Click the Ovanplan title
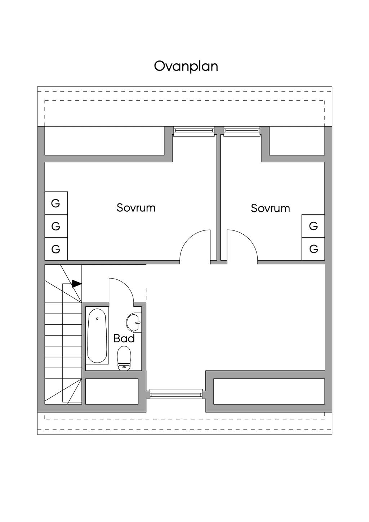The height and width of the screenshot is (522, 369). point(186,67)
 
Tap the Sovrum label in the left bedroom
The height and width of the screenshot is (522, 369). point(136,208)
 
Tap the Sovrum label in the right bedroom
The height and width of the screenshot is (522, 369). point(270,208)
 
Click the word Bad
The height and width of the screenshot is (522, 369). point(124,339)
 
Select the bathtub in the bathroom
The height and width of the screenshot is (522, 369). point(97,336)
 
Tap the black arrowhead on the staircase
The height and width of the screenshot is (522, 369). point(77,284)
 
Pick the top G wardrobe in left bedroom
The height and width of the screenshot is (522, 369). point(56,203)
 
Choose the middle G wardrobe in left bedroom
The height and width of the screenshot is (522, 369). point(56,226)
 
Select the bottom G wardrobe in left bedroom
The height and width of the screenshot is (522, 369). point(56,249)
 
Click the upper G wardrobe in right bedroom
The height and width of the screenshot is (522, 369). point(313,226)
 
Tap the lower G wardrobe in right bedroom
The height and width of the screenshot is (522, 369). point(313,249)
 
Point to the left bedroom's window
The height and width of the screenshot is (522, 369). point(194,131)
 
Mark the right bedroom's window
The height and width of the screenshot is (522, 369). point(242,131)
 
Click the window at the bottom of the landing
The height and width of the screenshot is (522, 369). point(176,393)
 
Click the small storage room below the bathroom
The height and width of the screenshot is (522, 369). point(112,391)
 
